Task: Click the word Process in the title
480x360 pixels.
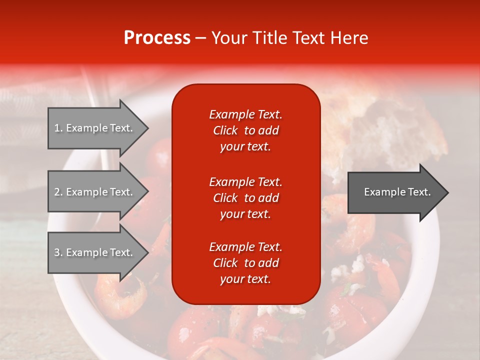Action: tap(157, 38)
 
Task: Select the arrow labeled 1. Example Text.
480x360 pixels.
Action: tap(95, 128)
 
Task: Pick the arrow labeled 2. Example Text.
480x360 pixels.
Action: tap(95, 192)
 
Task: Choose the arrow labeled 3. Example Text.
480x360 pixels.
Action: tap(95, 252)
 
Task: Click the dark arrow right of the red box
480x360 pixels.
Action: tap(395, 192)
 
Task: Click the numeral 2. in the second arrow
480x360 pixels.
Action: tap(58, 192)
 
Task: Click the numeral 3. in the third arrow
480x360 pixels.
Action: tap(58, 252)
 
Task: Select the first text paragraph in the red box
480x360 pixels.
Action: tap(245, 130)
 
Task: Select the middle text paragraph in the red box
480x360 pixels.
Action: tap(245, 198)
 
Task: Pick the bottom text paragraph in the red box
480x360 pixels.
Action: tap(245, 263)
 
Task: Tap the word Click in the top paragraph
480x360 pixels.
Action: tap(225, 130)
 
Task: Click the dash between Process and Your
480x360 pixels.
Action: tap(200, 38)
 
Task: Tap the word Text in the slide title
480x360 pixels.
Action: tap(308, 38)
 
